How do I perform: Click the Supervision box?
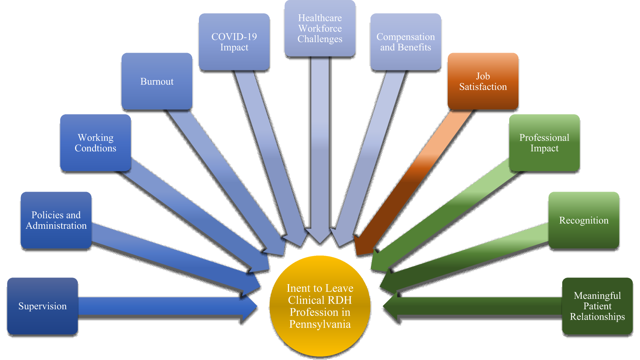click(43, 306)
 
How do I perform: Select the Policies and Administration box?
click(56, 220)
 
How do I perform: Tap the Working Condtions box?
click(96, 143)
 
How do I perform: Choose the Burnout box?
click(157, 82)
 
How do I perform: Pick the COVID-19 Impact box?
click(234, 42)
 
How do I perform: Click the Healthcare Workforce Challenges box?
click(320, 29)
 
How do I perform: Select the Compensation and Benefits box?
click(406, 42)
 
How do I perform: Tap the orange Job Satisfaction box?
click(483, 82)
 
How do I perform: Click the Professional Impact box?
click(544, 143)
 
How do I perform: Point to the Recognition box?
click(584, 220)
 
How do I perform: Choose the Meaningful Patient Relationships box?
click(597, 306)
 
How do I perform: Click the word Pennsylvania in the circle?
click(320, 324)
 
